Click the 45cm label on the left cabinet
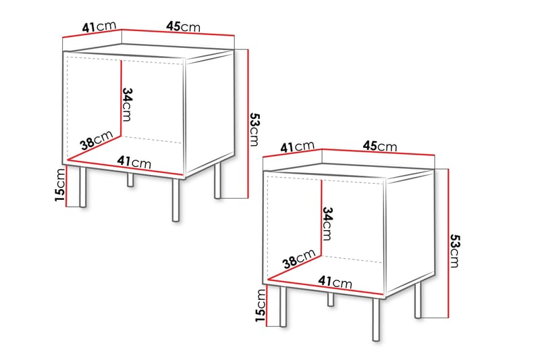pos(183,27)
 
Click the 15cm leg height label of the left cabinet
pos(60,186)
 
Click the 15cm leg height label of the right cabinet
pos(261,307)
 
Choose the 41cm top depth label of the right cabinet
pos(298,146)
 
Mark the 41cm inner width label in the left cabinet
pos(133,163)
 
